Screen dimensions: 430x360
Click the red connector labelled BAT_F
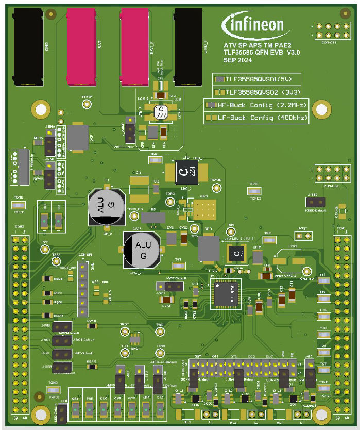134,46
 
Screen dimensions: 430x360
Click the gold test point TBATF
87,103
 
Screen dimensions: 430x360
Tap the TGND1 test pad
19,205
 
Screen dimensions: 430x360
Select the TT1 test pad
323,281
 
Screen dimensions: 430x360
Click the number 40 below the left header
24,418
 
